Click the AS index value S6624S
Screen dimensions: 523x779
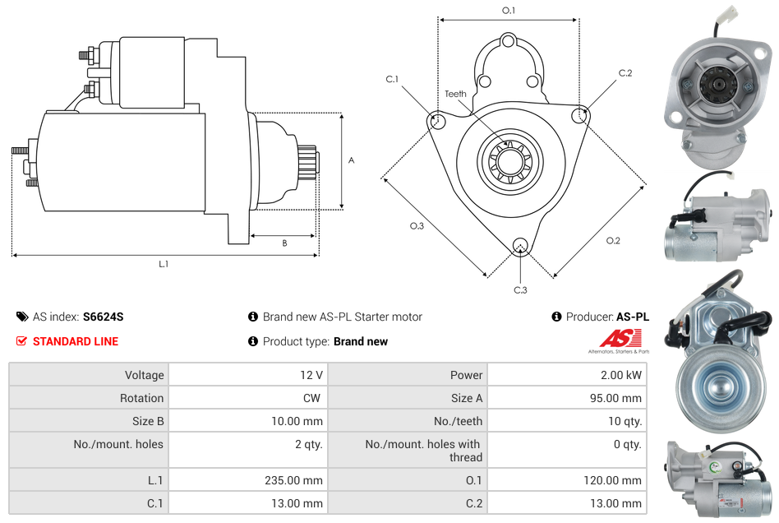pyautogui.click(x=103, y=317)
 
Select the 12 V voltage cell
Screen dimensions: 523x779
pyautogui.click(x=311, y=375)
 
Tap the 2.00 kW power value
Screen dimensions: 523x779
pyautogui.click(x=622, y=375)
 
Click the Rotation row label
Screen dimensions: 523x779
pyautogui.click(x=141, y=398)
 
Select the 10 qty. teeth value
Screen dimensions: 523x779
pyautogui.click(x=625, y=421)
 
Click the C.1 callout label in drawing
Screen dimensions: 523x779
pyautogui.click(x=392, y=79)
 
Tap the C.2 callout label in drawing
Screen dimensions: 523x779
pyautogui.click(x=625, y=73)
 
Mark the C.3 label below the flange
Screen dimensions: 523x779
pyautogui.click(x=520, y=289)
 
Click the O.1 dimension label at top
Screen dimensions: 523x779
pyautogui.click(x=509, y=11)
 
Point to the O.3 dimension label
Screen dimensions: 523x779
pyautogui.click(x=417, y=226)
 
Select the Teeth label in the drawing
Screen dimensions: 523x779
pyautogui.click(x=455, y=94)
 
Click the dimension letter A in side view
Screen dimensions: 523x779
pyautogui.click(x=351, y=160)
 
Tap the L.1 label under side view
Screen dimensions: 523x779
pyautogui.click(x=164, y=264)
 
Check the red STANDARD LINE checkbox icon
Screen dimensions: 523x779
pyautogui.click(x=22, y=341)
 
